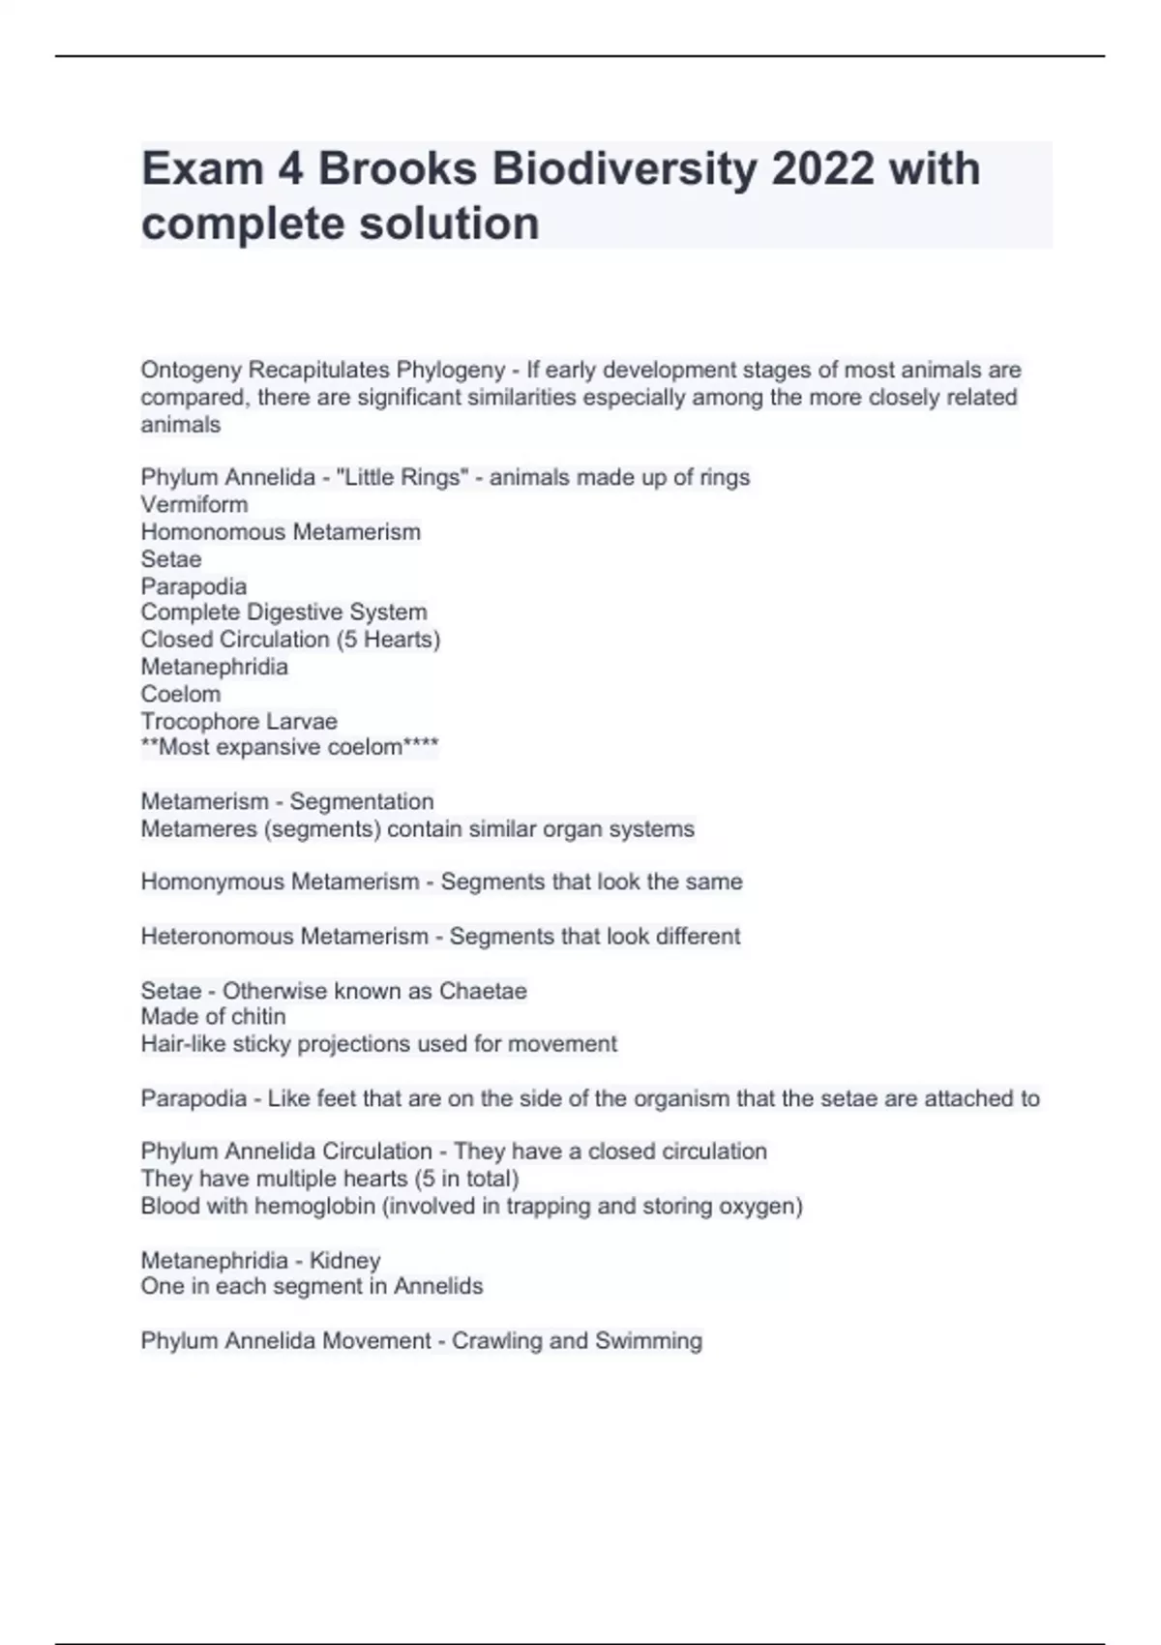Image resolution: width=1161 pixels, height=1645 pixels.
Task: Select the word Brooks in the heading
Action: point(397,169)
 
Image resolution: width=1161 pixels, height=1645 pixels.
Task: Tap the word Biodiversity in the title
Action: point(625,169)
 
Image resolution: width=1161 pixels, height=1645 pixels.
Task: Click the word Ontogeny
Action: point(192,370)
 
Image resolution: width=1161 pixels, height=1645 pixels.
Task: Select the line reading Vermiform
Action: point(194,504)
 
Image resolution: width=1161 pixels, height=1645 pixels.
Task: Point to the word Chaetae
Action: point(483,991)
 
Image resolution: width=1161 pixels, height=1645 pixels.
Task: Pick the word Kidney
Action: point(344,1261)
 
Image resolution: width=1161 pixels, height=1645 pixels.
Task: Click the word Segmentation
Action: point(362,801)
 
